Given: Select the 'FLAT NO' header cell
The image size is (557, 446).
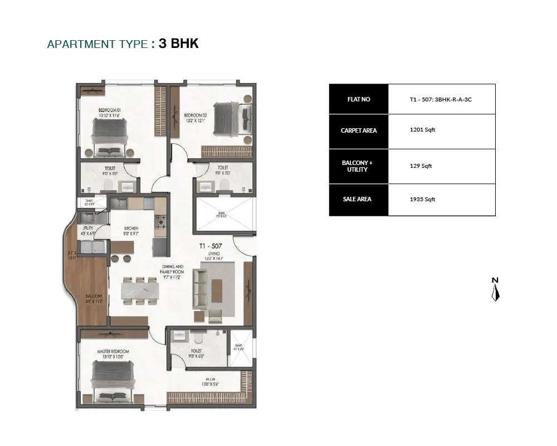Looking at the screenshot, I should tap(358, 99).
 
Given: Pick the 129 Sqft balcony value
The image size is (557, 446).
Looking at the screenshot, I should tap(421, 166).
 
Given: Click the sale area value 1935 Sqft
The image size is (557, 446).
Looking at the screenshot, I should tap(422, 200).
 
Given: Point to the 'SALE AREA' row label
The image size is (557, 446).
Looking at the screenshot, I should tap(358, 199).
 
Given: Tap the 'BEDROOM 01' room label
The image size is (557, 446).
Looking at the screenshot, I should tap(110, 110).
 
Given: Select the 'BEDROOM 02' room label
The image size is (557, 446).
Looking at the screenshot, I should tap(196, 114).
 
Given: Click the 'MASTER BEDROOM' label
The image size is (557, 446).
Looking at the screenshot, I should tap(113, 351).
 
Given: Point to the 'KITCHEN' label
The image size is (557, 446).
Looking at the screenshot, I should tap(131, 229).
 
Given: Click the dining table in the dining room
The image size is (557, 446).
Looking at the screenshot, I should tap(140, 290).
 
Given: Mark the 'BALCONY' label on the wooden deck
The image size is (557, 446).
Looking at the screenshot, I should tap(93, 296).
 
